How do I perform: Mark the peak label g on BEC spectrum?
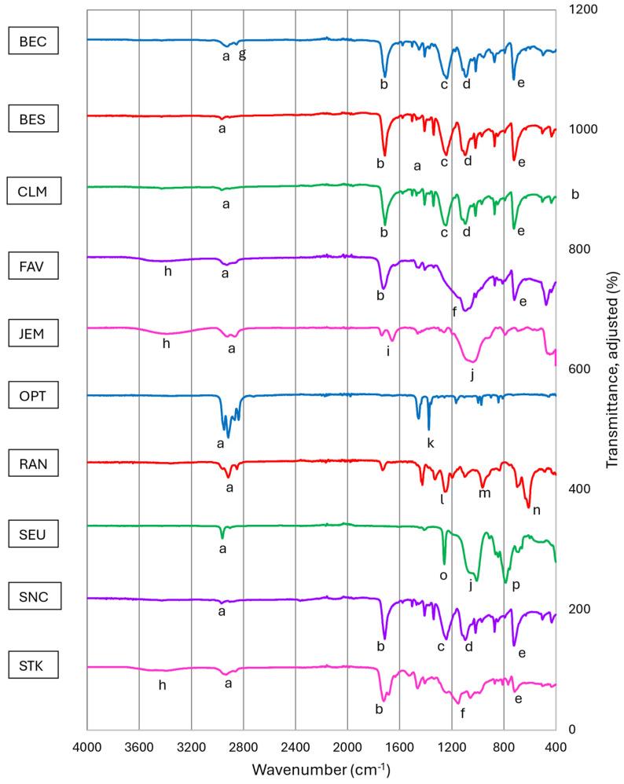point(242,54)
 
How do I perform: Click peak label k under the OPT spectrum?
point(430,443)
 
